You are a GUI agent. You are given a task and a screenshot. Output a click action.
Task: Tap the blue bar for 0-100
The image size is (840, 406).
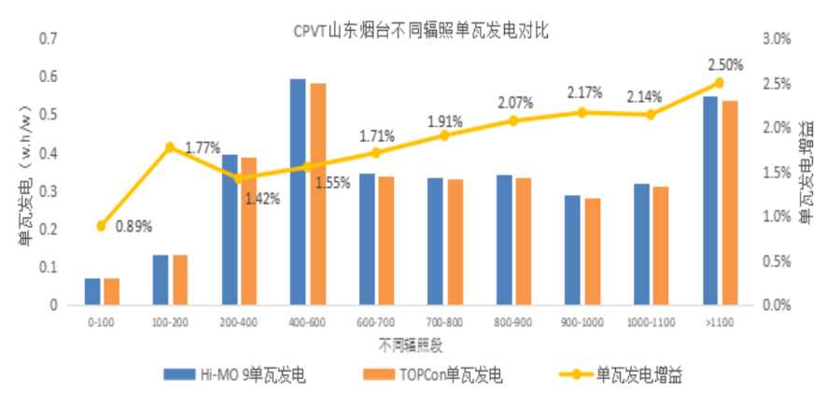click(x=91, y=291)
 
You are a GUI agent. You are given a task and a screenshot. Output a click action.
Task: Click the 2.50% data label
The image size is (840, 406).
click(x=725, y=65)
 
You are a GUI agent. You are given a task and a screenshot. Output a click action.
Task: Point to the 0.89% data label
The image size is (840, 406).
click(x=133, y=226)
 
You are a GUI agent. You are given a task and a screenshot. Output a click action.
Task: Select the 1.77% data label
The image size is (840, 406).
click(x=202, y=147)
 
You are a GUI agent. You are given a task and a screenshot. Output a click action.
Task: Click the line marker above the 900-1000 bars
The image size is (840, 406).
click(x=581, y=112)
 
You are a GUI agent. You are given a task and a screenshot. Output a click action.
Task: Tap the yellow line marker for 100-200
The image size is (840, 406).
click(x=170, y=147)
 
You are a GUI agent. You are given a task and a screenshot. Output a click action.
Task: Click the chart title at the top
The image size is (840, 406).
click(x=420, y=31)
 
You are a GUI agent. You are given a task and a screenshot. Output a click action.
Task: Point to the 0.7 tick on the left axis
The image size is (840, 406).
click(x=49, y=39)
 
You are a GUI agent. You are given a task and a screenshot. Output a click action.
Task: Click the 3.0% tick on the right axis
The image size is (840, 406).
click(x=777, y=39)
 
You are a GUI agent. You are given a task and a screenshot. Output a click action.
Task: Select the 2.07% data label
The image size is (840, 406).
click(x=515, y=102)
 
